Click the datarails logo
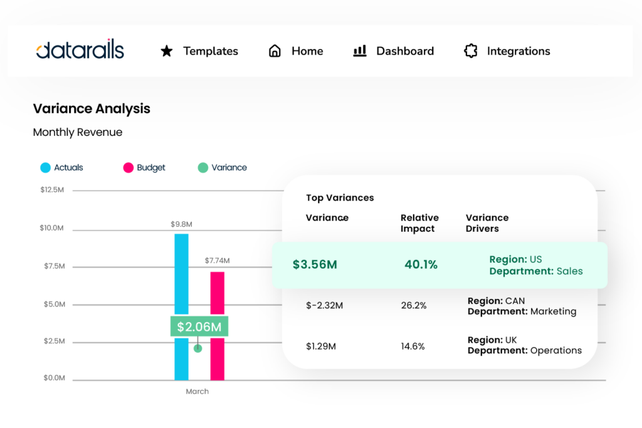[x=80, y=51]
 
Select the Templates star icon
[x=167, y=51]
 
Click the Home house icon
[x=275, y=51]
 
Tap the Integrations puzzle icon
[x=470, y=51]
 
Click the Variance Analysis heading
[x=92, y=108]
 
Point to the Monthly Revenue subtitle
[x=78, y=132]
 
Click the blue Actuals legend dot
[x=45, y=167]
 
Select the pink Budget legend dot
[x=128, y=167]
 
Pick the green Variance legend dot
[x=203, y=167]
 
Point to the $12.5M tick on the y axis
[x=52, y=189]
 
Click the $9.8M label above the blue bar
[x=181, y=224]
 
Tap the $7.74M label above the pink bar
[x=217, y=260]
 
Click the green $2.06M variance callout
[x=199, y=326]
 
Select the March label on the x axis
[x=197, y=392]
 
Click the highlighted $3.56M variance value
[x=315, y=264]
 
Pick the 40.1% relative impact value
[x=421, y=264]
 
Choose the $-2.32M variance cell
[x=325, y=306]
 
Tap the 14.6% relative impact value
[x=413, y=346]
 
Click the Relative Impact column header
[x=419, y=223]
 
